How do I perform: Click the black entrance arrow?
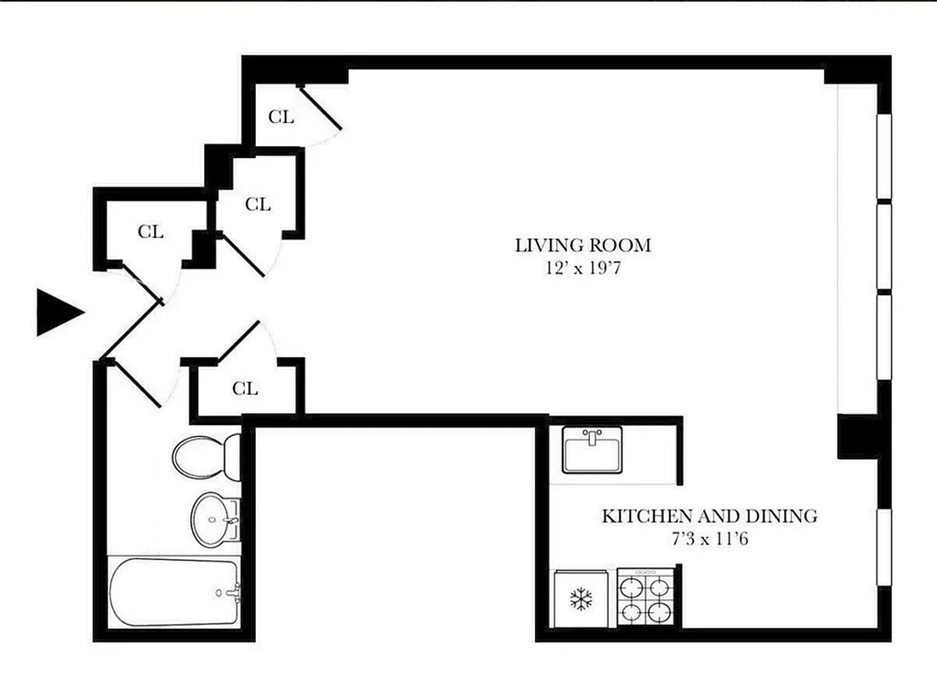tap(58, 312)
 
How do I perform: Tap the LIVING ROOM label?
tap(582, 246)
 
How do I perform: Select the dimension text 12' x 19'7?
tap(582, 269)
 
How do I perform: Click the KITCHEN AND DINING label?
tap(709, 516)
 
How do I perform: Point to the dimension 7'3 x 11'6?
tap(709, 539)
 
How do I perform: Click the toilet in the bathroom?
tap(204, 456)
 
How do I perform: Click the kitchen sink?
tap(593, 450)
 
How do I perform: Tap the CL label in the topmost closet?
tap(281, 117)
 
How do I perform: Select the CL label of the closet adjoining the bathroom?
tap(245, 389)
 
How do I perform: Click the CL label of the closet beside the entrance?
tap(150, 232)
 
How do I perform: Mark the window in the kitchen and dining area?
tap(884, 546)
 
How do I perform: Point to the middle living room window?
tap(884, 247)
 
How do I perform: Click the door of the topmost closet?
tap(321, 108)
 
